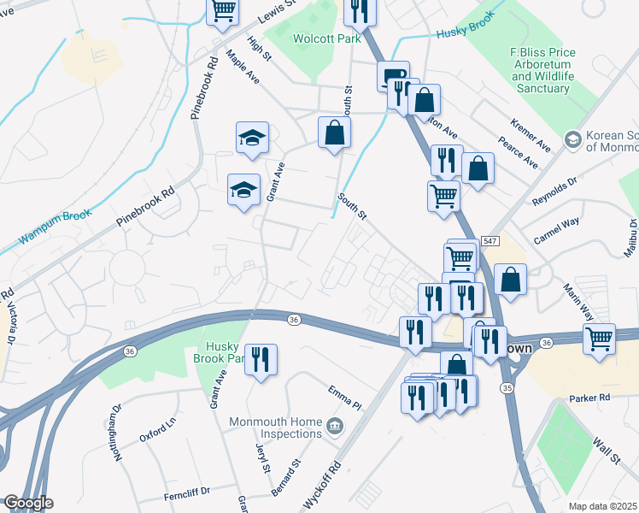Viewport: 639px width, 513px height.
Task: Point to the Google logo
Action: coord(27,503)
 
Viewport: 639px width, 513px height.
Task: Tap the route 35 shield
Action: coord(507,388)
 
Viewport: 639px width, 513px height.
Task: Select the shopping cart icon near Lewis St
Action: coord(222,11)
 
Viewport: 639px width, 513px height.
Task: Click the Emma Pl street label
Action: coord(344,396)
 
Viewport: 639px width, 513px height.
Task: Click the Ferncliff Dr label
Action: coord(182,490)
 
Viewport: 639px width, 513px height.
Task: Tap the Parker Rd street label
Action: coord(590,398)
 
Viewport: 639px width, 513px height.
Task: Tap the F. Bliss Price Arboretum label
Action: coord(540,70)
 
